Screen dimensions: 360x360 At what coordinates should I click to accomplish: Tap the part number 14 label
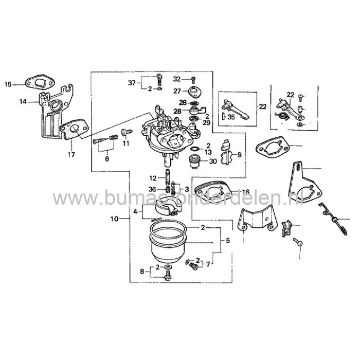[22, 102]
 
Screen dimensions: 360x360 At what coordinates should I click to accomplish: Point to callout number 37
[132, 82]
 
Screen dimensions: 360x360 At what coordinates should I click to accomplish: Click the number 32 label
[177, 79]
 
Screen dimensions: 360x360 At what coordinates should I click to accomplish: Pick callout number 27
[177, 91]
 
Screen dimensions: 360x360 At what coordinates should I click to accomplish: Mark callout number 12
[153, 178]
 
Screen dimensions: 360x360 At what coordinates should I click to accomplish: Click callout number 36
[152, 189]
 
